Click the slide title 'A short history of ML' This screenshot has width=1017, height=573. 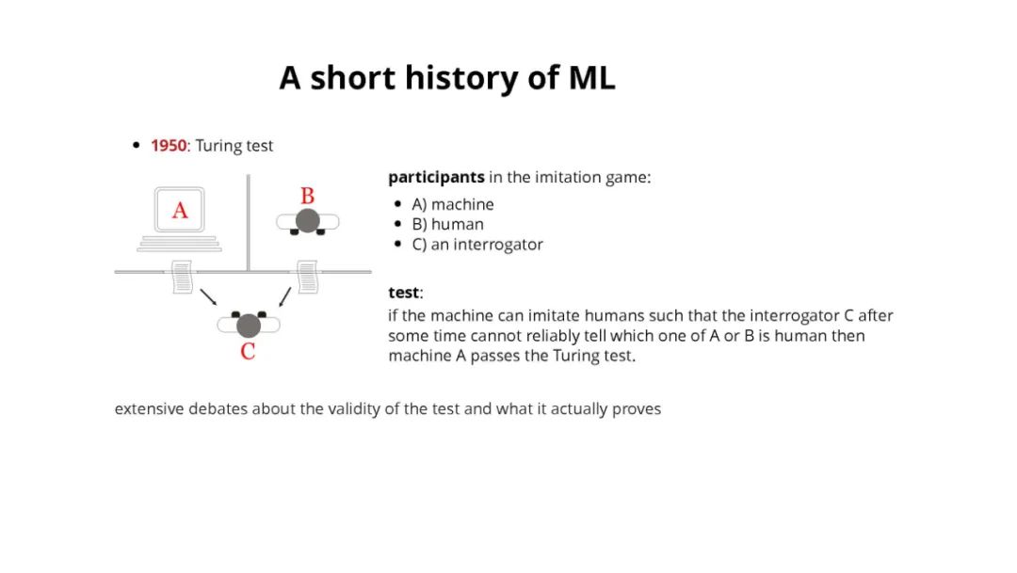[x=447, y=78]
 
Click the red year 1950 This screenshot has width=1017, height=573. [x=169, y=146]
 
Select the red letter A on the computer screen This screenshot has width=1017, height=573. [x=180, y=211]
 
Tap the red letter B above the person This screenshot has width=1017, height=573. [x=307, y=197]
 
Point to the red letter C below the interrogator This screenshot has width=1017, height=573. [x=248, y=352]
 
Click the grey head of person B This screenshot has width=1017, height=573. [x=307, y=221]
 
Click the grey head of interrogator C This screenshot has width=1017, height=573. [x=248, y=326]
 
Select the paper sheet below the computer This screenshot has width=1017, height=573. [x=182, y=277]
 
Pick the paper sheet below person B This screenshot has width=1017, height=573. [x=308, y=277]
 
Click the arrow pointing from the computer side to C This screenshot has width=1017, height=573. [x=209, y=296]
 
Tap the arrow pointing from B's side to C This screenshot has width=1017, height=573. [x=284, y=296]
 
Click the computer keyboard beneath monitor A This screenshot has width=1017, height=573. [x=179, y=244]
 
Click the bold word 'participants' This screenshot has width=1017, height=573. [x=436, y=177]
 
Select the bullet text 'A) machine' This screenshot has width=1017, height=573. [x=452, y=204]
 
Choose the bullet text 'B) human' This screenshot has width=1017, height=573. [x=447, y=224]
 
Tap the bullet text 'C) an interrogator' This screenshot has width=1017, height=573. [x=476, y=245]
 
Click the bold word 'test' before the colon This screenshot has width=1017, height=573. [x=403, y=293]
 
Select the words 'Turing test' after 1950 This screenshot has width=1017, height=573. [x=234, y=146]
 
